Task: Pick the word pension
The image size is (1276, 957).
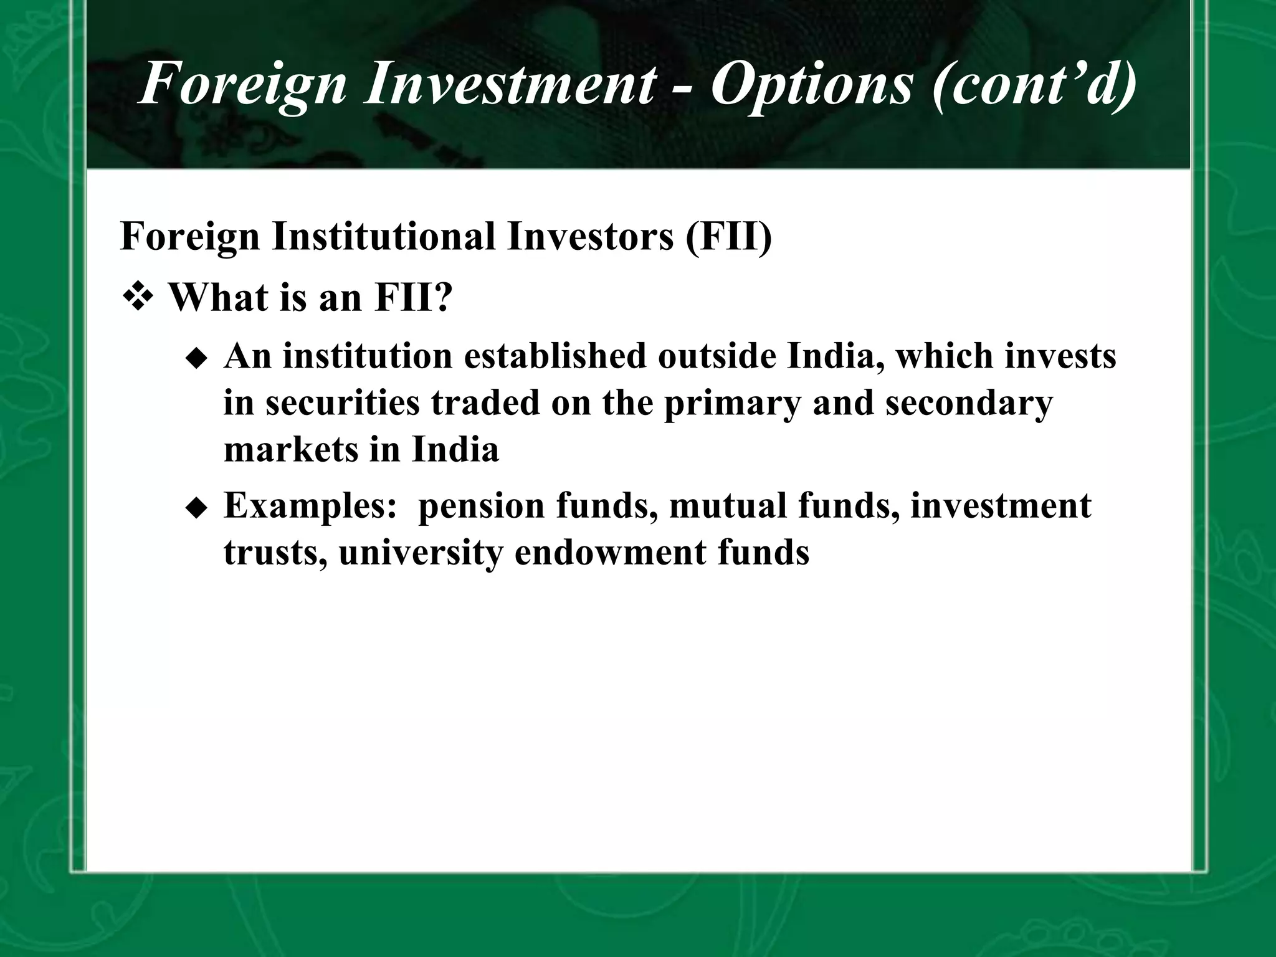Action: pos(481,506)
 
